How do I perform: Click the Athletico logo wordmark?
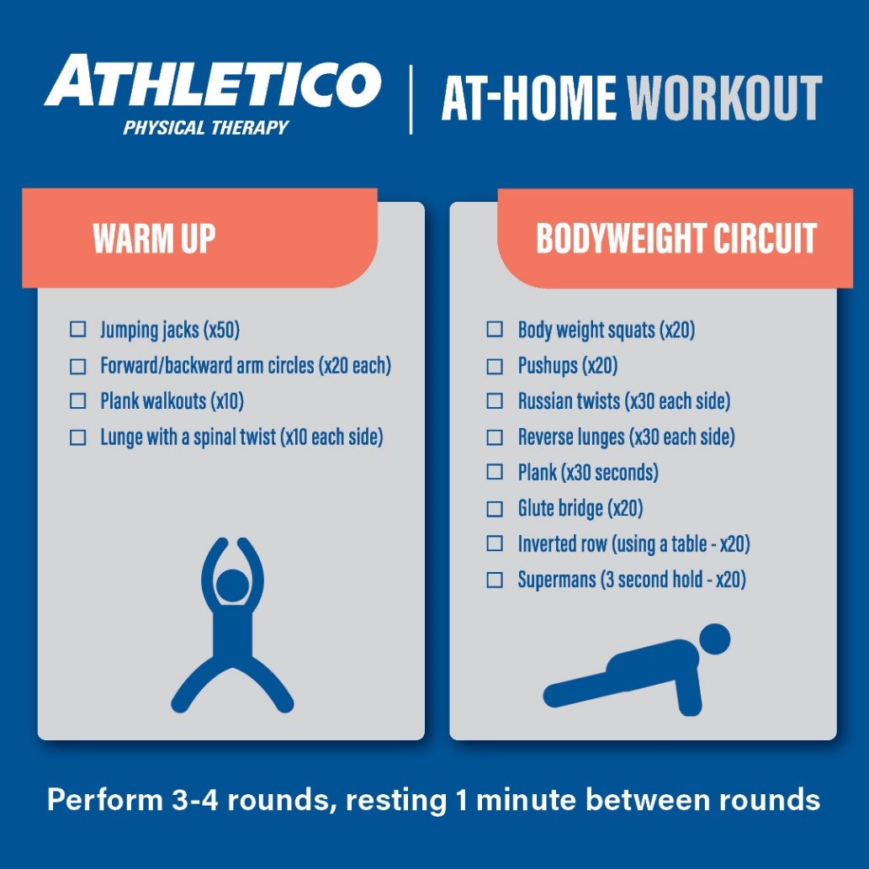213,81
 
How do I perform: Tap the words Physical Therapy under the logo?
205,128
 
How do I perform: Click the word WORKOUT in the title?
724,98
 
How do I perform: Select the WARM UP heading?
154,238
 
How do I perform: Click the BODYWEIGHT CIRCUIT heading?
676,238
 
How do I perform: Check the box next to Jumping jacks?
78,329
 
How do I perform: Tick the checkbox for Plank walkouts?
78,400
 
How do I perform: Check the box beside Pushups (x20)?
495,366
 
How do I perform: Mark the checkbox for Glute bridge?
495,509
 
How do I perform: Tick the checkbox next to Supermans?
495,580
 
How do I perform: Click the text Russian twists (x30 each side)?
624,401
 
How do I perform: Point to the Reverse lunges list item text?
626,437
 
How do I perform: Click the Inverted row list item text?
634,544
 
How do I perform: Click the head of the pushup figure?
714,639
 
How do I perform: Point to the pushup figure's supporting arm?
689,687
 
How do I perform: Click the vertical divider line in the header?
411,100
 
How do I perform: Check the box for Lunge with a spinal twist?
78,437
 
